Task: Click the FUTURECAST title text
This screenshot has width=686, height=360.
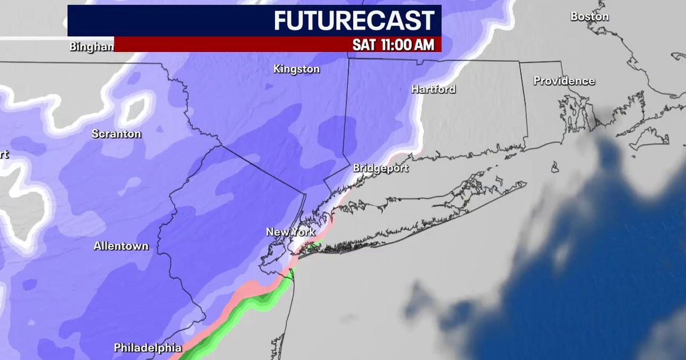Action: point(354,21)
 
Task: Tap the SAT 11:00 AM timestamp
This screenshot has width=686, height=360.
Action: point(393,45)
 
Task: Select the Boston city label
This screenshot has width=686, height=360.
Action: point(589,17)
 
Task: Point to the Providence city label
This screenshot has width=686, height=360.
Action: point(564,81)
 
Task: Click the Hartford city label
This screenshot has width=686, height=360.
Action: point(433,89)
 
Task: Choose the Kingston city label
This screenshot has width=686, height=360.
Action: point(296,69)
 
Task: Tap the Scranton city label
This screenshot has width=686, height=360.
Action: point(116,134)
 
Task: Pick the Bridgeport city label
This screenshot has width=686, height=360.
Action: point(381,168)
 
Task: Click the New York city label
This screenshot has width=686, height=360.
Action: point(290,232)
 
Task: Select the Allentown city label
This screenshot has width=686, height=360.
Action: point(121,246)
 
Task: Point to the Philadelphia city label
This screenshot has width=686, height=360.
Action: point(147,347)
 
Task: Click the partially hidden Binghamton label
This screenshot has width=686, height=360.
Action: point(91,47)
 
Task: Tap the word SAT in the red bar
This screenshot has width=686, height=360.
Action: point(364,45)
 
